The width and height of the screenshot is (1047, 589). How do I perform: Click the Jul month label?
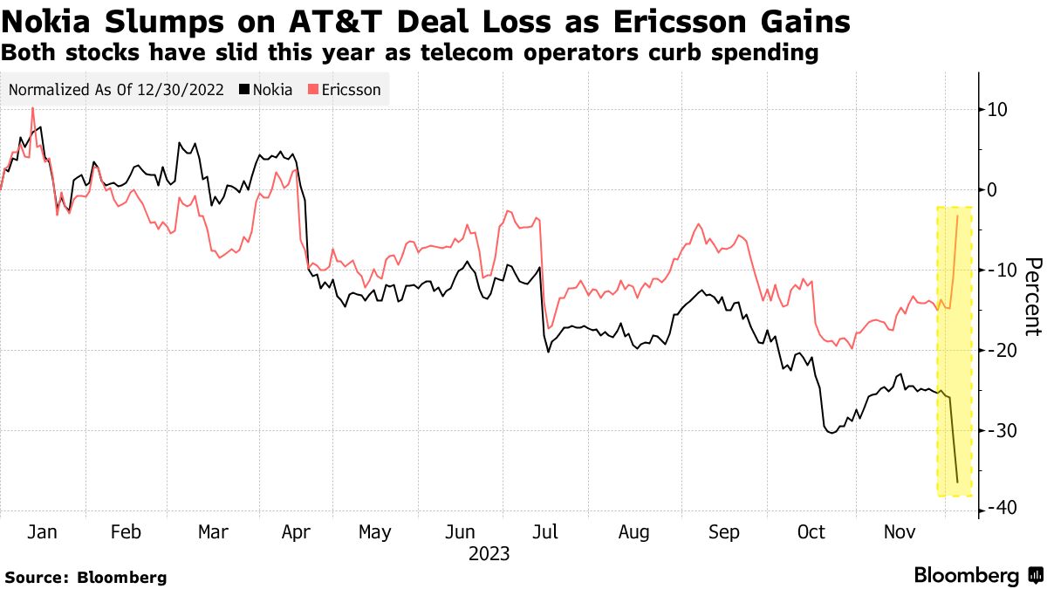point(547,532)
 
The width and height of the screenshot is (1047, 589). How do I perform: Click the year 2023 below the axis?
point(489,554)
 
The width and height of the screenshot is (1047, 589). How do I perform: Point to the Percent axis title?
point(1033,297)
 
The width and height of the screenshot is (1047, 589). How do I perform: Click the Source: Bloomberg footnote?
point(86,578)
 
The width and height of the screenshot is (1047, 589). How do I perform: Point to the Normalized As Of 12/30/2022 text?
point(117,90)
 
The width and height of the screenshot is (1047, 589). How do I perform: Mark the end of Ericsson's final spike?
point(958,216)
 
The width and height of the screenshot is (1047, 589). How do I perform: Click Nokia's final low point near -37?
point(957,482)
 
